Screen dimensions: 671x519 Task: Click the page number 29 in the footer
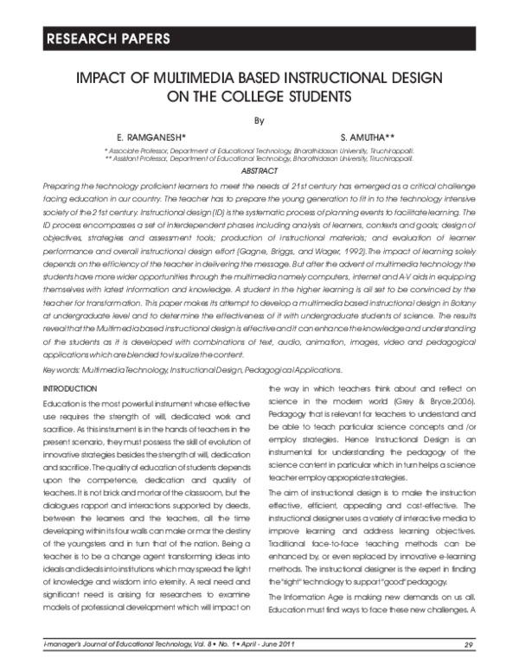(x=468, y=644)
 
